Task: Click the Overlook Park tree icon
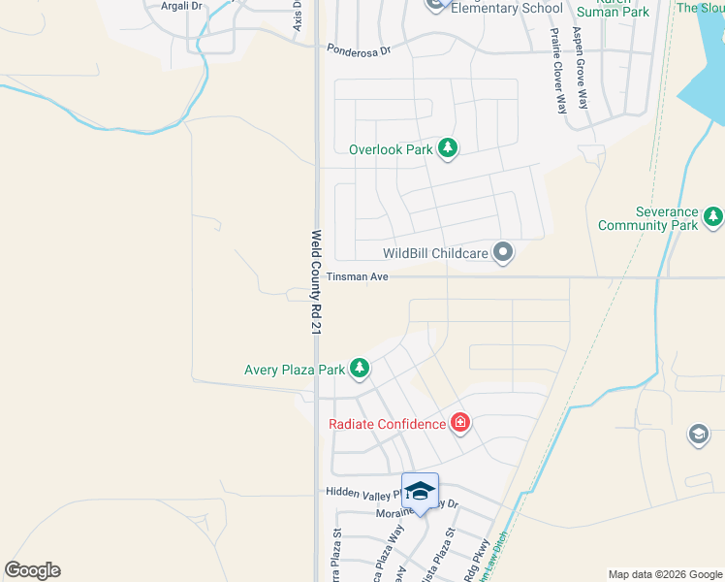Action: [447, 148]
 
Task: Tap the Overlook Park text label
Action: [391, 149]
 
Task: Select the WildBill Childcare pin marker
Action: [503, 253]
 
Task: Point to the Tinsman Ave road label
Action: [357, 277]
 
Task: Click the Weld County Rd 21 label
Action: [316, 282]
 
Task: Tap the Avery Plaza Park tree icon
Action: [360, 368]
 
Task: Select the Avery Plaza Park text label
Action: [295, 370]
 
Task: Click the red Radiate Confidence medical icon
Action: [459, 422]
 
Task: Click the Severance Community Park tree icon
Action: [714, 216]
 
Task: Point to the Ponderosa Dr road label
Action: [358, 48]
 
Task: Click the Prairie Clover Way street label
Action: [557, 71]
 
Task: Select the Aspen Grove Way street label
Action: [583, 68]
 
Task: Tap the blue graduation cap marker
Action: [420, 492]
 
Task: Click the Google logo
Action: [32, 570]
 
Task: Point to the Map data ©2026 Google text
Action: [665, 574]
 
